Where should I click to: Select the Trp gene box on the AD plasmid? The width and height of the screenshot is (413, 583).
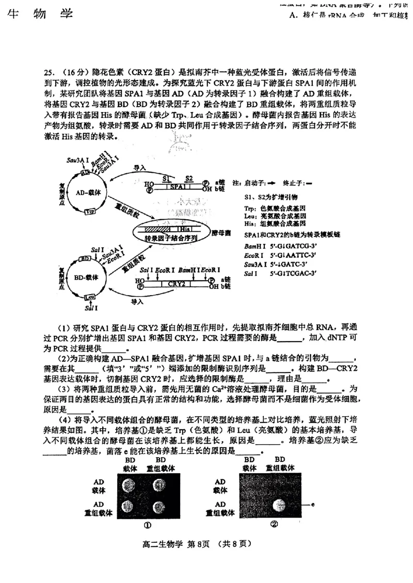click(90, 212)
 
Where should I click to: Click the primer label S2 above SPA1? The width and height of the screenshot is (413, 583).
click(189, 178)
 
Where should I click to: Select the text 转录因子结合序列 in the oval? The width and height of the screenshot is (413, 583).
click(165, 238)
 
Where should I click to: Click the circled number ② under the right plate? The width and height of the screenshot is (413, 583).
click(274, 525)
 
